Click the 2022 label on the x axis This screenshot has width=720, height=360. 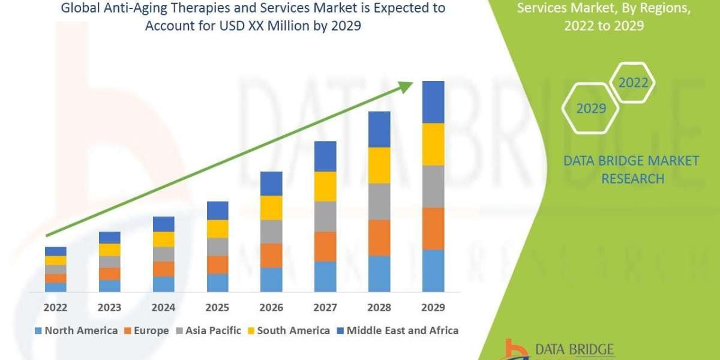click(55, 307)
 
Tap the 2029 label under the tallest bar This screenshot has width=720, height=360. click(433, 307)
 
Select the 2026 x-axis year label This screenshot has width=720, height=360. click(271, 307)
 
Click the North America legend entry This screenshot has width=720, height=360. click(77, 331)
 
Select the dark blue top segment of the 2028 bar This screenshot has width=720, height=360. click(379, 129)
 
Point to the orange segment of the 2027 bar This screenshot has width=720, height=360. click(325, 246)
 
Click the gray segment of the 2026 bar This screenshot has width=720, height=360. click(271, 231)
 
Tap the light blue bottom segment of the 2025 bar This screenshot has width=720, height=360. click(217, 283)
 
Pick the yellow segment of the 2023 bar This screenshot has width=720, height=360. click(109, 250)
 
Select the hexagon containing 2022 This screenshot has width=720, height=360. click(632, 83)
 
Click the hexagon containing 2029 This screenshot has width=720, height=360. click(590, 109)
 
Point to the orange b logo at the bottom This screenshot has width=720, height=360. click(515, 349)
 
